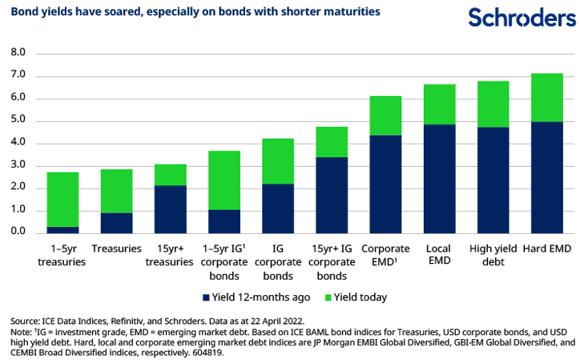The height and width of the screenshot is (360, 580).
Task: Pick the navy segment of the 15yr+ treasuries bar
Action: (x=171, y=208)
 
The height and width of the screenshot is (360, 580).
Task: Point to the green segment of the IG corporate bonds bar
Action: (x=278, y=161)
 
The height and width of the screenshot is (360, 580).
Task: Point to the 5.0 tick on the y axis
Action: (x=18, y=120)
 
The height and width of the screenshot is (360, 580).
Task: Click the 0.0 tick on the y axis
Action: (x=18, y=233)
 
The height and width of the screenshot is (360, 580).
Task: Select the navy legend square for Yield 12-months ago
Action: (x=207, y=297)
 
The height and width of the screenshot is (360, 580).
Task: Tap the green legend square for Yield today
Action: (x=327, y=297)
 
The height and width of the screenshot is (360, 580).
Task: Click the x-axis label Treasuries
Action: (x=117, y=249)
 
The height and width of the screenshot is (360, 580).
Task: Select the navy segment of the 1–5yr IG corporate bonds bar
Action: (x=224, y=220)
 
